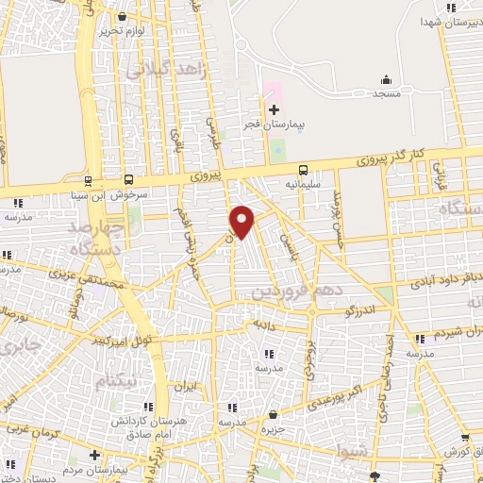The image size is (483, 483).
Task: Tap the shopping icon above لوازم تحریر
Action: (121, 16)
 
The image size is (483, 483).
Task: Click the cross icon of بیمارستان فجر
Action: (274, 109)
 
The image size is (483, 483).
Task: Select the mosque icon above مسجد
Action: (385, 80)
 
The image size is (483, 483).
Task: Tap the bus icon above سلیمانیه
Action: (303, 170)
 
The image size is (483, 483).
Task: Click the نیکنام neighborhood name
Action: (117, 378)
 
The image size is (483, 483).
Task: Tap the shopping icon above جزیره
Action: (273, 413)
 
